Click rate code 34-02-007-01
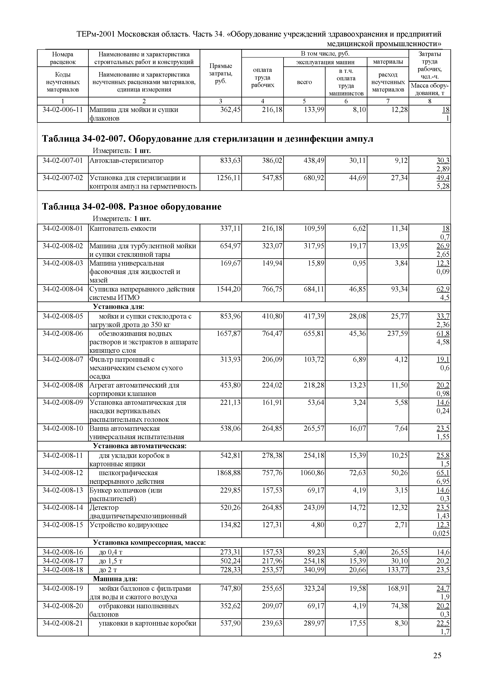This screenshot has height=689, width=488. point(63,160)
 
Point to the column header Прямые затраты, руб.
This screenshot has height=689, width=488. point(220,73)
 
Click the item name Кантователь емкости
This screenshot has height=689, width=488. point(123,228)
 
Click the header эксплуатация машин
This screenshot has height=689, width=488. point(325,62)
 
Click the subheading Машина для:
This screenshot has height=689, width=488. point(115,579)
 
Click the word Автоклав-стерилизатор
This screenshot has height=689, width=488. point(126,160)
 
